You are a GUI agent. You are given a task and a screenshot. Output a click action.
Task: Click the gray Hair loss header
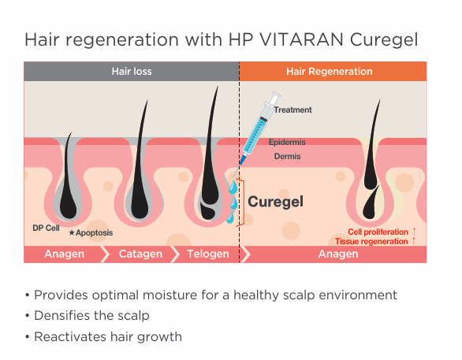coord(132,71)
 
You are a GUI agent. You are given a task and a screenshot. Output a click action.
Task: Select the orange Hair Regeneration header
coord(333,71)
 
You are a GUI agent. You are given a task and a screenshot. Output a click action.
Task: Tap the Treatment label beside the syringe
coord(292,109)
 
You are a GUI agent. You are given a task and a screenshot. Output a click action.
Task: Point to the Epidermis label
coord(287,142)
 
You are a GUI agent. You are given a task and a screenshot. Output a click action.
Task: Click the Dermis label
coord(287,156)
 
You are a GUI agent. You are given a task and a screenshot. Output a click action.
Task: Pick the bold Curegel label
coord(275,202)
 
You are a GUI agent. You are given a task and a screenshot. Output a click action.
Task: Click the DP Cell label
coord(46,228)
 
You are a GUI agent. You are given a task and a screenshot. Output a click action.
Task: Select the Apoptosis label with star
coord(91,233)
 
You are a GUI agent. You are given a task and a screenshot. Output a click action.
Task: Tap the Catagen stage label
coord(140,254)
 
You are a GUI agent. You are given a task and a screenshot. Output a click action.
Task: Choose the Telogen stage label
coord(208,254)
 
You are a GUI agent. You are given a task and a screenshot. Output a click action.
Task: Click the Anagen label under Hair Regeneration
coord(338,254)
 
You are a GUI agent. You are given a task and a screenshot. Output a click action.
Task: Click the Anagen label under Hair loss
coord(64,254)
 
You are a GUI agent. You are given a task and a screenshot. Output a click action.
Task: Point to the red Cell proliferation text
coord(378,232)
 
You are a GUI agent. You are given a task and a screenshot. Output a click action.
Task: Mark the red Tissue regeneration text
coord(371,241)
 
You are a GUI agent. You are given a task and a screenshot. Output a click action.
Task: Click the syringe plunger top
coord(276,95)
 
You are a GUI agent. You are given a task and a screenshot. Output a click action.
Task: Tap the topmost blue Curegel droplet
coord(233,187)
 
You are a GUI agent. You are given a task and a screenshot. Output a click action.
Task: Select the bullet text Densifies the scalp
coord(91,316)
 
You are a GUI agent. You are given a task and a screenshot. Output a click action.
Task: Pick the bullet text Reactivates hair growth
coord(108,336)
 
